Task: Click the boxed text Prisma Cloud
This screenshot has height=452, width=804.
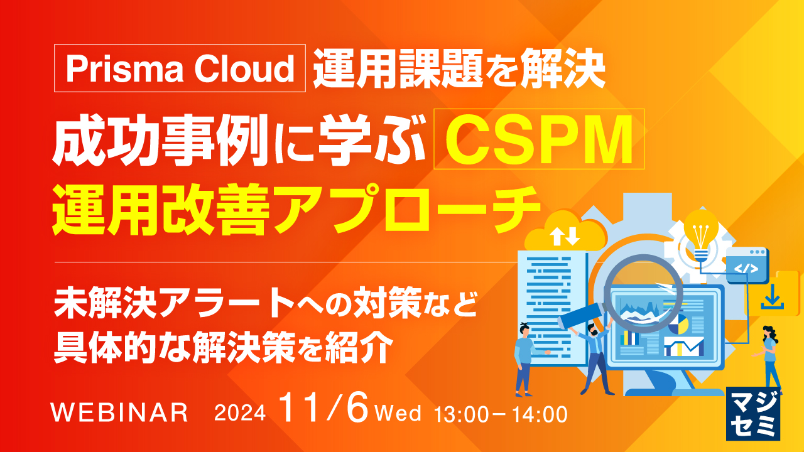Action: tap(180, 69)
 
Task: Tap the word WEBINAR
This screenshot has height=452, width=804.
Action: tap(120, 412)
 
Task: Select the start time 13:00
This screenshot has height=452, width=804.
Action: tap(462, 414)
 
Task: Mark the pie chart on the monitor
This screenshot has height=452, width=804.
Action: tap(678, 324)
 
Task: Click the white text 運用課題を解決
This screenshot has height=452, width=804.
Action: tap(459, 70)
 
